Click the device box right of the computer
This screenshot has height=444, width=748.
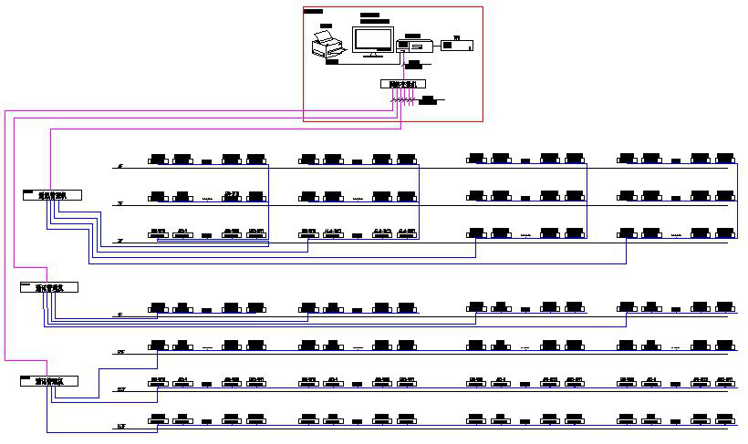point(456,44)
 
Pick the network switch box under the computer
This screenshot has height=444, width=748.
point(402,85)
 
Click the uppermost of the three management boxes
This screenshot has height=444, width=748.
point(52,194)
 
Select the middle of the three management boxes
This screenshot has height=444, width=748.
point(49,287)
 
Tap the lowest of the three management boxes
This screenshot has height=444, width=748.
point(49,381)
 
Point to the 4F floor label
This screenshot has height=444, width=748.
point(119,167)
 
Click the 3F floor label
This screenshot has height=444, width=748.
point(119,204)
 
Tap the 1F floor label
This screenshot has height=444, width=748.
point(119,315)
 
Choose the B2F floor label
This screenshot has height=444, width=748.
point(120,389)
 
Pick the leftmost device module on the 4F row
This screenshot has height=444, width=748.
point(159,160)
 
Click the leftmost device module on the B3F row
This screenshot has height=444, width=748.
point(159,419)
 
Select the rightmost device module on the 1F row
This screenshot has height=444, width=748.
point(725,307)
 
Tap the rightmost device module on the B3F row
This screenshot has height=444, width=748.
point(725,419)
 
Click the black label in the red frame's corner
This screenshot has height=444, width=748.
point(313,11)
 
